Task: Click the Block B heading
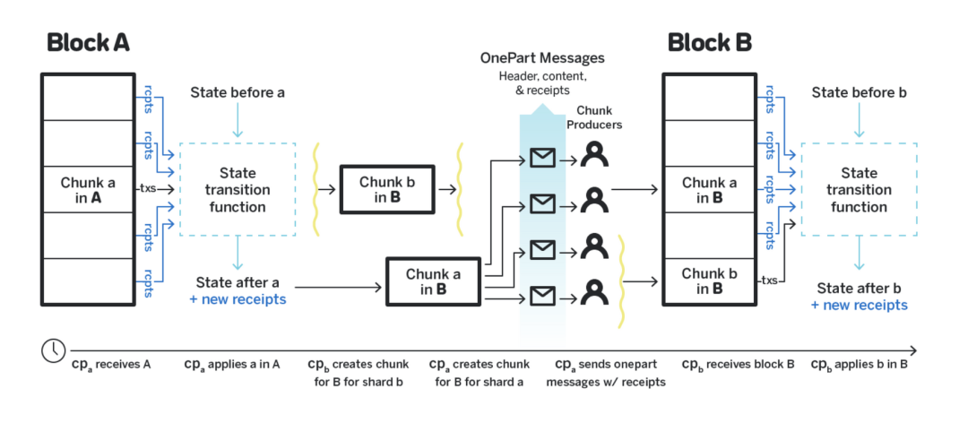[710, 42]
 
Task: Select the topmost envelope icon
[541, 159]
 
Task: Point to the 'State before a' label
[237, 92]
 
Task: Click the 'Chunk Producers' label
[593, 117]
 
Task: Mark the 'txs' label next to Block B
[769, 281]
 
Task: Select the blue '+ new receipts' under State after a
[238, 299]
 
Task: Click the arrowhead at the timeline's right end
[913, 350]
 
